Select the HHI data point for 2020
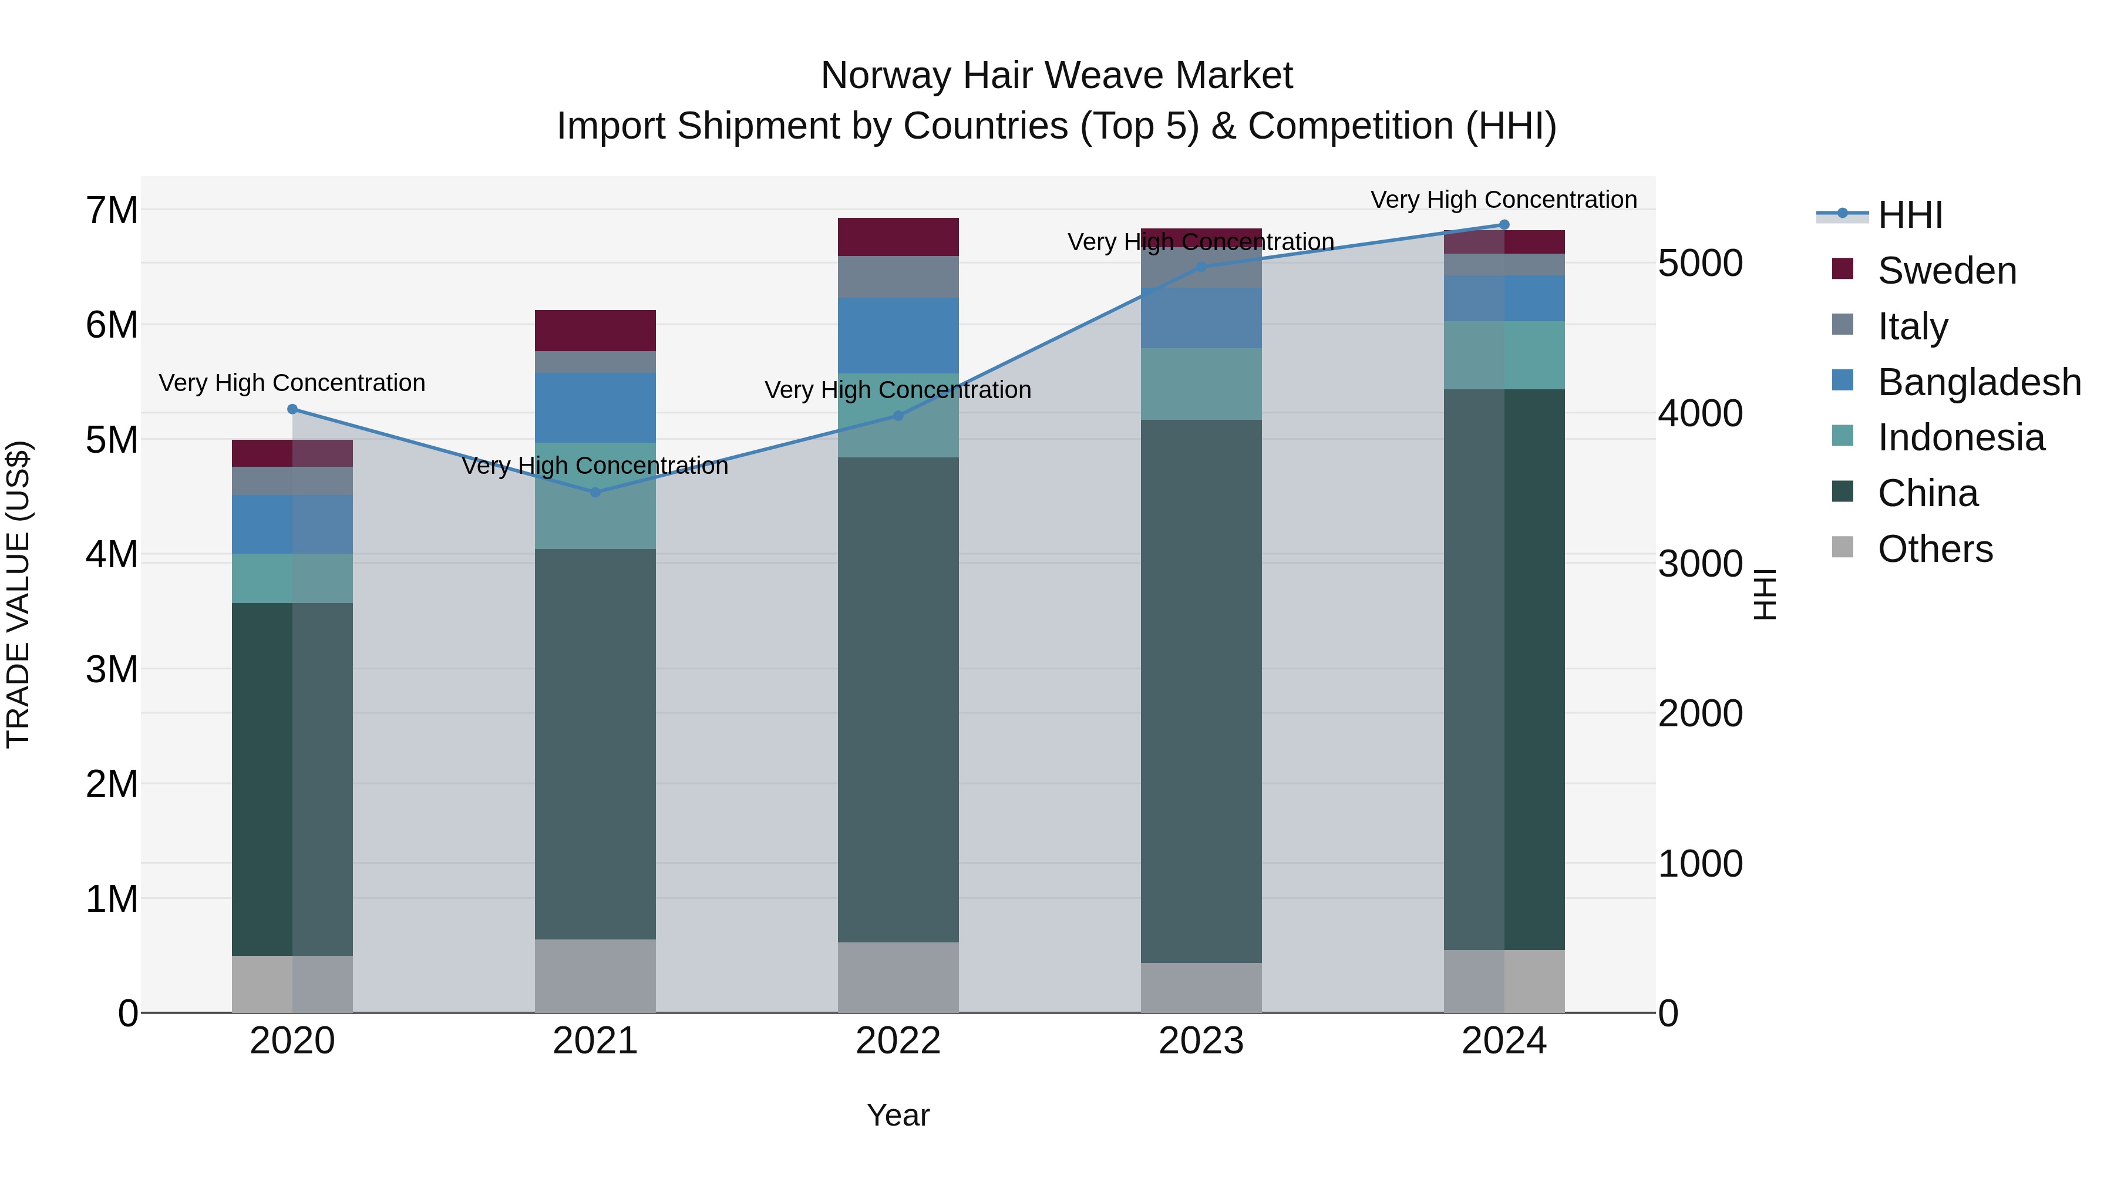click(x=292, y=409)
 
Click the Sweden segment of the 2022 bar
click(x=898, y=237)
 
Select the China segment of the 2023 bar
click(x=1201, y=691)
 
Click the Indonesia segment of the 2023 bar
click(x=1201, y=384)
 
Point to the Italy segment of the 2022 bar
click(x=898, y=277)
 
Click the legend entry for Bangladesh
click(x=1978, y=382)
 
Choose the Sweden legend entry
click(x=1947, y=271)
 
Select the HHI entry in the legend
click(x=1910, y=215)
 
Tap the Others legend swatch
click(x=1842, y=547)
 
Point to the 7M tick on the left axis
click(x=112, y=211)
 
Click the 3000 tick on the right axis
click(x=1699, y=564)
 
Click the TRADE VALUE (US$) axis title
click(x=18, y=594)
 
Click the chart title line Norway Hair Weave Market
click(x=1056, y=76)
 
